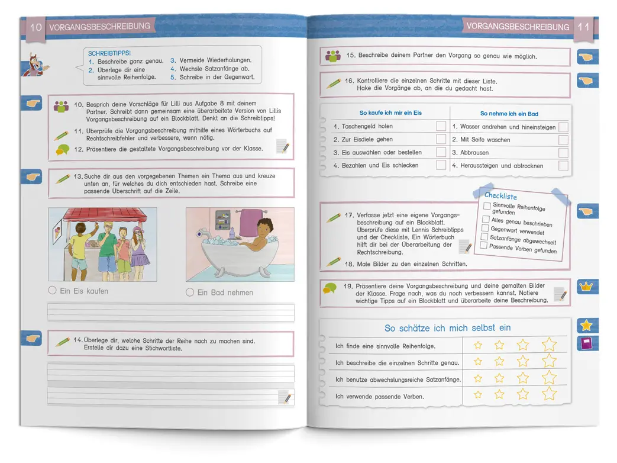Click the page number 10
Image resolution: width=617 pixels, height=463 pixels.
[36, 27]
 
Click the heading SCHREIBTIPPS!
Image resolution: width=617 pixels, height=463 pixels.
[109, 53]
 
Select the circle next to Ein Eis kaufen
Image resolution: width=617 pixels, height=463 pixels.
[53, 291]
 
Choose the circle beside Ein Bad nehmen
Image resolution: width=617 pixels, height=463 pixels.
[190, 292]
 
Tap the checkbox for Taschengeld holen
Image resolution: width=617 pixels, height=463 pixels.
[441, 126]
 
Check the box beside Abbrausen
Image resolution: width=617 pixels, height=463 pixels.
[563, 153]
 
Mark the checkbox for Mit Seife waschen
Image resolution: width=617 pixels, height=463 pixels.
[563, 140]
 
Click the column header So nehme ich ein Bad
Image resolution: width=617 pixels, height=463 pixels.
[509, 114]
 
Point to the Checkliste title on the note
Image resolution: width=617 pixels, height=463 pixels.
[500, 196]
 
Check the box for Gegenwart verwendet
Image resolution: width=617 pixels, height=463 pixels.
[485, 228]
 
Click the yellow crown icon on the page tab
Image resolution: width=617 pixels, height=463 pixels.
[586, 287]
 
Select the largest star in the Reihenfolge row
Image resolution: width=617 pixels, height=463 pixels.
[550, 344]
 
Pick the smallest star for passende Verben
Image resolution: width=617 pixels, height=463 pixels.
[478, 394]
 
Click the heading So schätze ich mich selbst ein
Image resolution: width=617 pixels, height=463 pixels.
[447, 328]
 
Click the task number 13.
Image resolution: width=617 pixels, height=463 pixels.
[78, 176]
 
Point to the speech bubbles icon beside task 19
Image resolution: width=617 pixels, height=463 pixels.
[330, 288]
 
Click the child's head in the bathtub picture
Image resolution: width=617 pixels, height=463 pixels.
[263, 225]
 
